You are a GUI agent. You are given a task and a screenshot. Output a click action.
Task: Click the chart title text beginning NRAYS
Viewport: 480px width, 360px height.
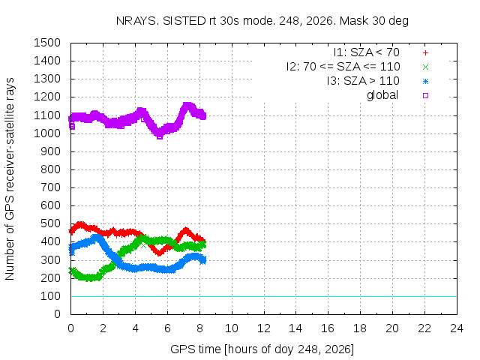pyautogui.click(x=262, y=21)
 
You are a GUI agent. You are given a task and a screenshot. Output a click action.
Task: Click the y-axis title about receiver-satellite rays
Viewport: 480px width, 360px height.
pyautogui.click(x=10, y=178)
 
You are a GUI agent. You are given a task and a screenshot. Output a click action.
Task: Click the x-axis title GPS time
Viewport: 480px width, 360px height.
pyautogui.click(x=262, y=349)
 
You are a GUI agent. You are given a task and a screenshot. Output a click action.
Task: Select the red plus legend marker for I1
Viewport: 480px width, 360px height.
pyautogui.click(x=425, y=53)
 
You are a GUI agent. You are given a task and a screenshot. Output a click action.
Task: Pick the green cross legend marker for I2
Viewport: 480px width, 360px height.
pyautogui.click(x=425, y=67)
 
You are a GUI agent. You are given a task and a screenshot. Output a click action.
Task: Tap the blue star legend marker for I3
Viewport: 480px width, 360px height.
pyautogui.click(x=425, y=82)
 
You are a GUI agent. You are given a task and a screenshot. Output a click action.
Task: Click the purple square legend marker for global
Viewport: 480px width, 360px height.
pyautogui.click(x=425, y=95)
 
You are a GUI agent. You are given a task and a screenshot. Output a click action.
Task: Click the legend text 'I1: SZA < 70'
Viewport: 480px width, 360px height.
pyautogui.click(x=367, y=52)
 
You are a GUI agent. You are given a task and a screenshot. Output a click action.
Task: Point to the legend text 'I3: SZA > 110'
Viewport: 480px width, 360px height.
pyautogui.click(x=363, y=81)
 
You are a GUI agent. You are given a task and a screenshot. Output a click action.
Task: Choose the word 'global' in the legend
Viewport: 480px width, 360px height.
pyautogui.click(x=382, y=95)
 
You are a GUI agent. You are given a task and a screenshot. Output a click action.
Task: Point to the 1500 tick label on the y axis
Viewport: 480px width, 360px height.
pyautogui.click(x=47, y=43)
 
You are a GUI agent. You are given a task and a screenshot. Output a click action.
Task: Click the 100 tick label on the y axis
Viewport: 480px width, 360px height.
pyautogui.click(x=50, y=296)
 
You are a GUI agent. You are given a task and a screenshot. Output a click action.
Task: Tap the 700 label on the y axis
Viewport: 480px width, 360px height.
pyautogui.click(x=50, y=187)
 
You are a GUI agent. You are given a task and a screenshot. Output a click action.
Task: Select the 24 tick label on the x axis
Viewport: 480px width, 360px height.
pyautogui.click(x=457, y=328)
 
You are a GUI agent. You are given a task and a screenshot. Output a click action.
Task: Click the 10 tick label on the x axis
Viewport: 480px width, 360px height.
pyautogui.click(x=232, y=328)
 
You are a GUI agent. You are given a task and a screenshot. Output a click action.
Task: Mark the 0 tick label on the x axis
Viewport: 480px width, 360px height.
pyautogui.click(x=70, y=328)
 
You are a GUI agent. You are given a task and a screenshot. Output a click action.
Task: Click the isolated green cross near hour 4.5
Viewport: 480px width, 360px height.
pyautogui.click(x=143, y=245)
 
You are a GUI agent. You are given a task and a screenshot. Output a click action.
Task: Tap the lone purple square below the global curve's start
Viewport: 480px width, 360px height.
pyautogui.click(x=72, y=126)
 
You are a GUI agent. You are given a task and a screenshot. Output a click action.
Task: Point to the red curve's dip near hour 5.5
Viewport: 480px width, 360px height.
pyautogui.click(x=158, y=253)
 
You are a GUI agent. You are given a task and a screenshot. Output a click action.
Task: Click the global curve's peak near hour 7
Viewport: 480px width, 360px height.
pyautogui.click(x=187, y=106)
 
